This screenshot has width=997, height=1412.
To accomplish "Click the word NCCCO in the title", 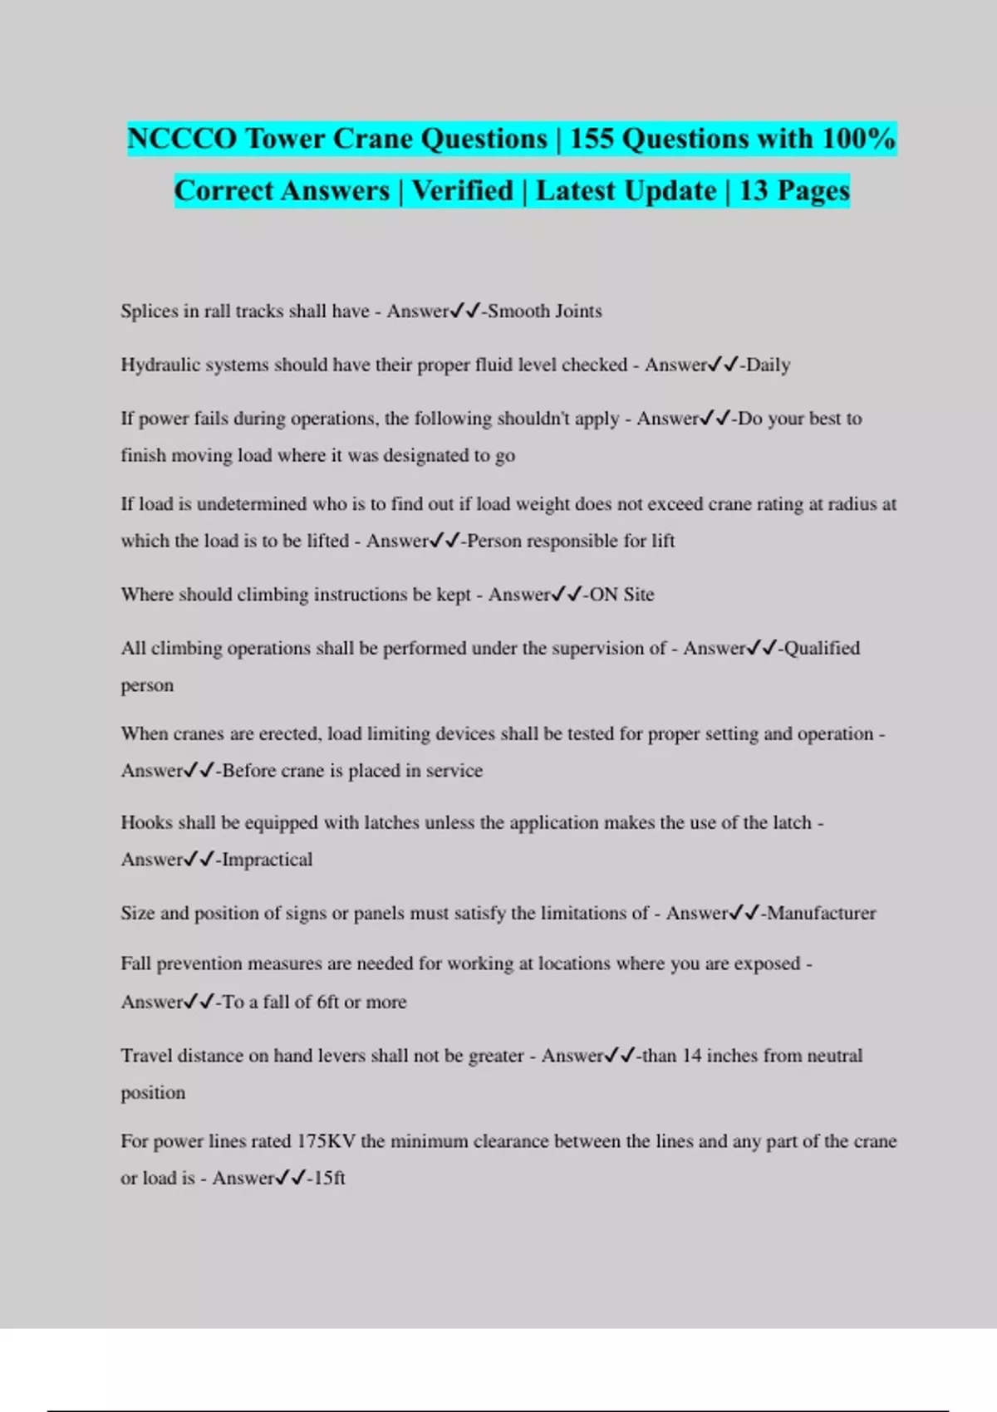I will click(x=182, y=139).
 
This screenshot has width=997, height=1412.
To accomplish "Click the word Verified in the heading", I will click(x=463, y=191).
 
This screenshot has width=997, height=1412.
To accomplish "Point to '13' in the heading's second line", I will click(x=753, y=191).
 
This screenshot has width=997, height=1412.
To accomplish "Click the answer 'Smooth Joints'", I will click(x=544, y=311).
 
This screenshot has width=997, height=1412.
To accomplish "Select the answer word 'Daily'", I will click(x=768, y=365).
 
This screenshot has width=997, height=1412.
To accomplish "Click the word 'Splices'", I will click(x=149, y=311).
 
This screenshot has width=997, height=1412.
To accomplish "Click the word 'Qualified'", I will click(x=822, y=649).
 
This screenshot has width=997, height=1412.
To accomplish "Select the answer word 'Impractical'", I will click(x=267, y=860).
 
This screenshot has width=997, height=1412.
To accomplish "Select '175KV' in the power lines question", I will click(x=326, y=1141).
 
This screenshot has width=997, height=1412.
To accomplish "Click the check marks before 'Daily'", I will click(x=723, y=365).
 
